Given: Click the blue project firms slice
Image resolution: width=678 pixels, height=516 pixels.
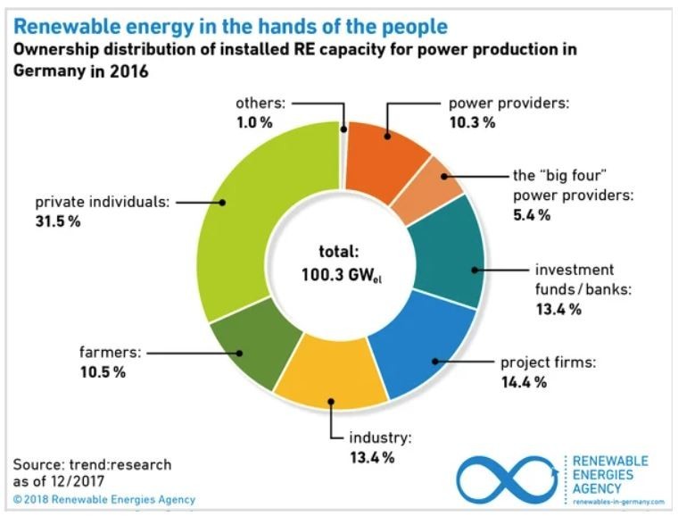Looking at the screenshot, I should [419, 348].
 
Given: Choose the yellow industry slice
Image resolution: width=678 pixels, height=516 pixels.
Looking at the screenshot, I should [330, 379].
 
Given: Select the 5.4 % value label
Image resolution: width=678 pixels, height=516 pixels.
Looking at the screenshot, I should [532, 214].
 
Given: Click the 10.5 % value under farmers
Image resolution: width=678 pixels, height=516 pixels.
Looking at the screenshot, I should [100, 371].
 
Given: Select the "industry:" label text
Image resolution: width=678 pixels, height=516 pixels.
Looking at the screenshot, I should [378, 438].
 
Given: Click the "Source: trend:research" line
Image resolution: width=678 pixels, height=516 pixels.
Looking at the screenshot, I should [92, 465].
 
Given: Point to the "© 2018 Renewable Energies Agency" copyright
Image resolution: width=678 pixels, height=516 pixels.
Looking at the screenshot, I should [103, 499].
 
